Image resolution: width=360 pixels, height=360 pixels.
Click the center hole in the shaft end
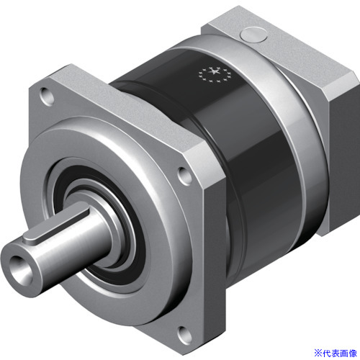point(19,269)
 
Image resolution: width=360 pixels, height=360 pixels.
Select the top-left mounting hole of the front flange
point(48,96)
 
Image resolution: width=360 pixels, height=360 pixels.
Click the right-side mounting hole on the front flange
point(184,176)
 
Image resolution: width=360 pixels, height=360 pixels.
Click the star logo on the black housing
point(213,74)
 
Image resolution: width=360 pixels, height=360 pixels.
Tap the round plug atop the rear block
point(254,35)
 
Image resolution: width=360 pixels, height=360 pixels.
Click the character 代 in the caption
point(327,354)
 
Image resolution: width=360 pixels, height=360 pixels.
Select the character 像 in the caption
point(353,354)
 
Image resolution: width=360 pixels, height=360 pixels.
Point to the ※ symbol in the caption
point(318,354)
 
